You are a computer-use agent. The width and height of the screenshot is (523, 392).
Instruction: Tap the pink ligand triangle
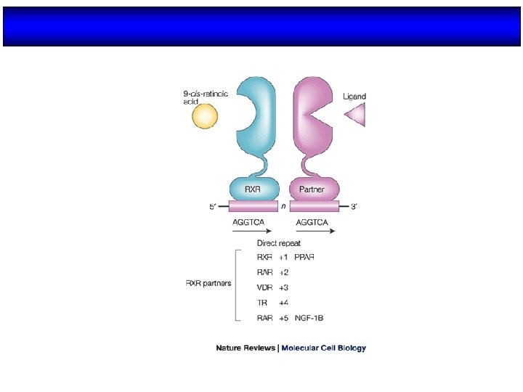tap(357, 115)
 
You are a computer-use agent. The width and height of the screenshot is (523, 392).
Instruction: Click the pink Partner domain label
tap(315, 190)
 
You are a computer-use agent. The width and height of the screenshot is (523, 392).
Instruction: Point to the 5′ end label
tap(213, 208)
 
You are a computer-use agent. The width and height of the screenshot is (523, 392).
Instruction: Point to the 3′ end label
tap(354, 208)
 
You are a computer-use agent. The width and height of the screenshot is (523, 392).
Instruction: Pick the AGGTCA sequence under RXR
tap(248, 221)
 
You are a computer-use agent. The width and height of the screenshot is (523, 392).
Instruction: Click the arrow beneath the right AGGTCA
tap(315, 232)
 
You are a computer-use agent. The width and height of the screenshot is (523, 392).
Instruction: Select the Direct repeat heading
tap(279, 244)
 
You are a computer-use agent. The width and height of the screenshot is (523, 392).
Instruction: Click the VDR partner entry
tap(265, 287)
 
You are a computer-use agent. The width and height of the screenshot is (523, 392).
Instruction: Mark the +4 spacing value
tap(283, 303)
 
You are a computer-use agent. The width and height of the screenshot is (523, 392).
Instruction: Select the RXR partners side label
tap(208, 282)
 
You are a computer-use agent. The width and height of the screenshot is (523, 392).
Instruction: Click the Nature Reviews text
tap(245, 348)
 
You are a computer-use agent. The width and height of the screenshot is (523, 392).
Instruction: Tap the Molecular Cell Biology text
tap(324, 348)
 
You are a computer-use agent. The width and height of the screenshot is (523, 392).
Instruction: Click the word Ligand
tap(354, 96)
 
